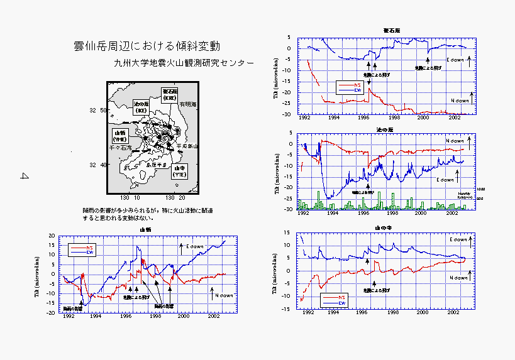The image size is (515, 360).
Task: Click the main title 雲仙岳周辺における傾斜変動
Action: pyautogui.click(x=147, y=46)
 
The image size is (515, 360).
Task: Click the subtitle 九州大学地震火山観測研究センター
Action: pyautogui.click(x=184, y=63)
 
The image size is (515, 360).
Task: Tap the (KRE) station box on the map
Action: pyautogui.click(x=169, y=95)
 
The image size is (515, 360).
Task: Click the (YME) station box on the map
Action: pyautogui.click(x=119, y=135)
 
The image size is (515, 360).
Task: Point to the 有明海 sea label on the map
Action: pyautogui.click(x=188, y=104)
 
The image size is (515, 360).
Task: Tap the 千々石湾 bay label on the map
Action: pyautogui.click(x=119, y=148)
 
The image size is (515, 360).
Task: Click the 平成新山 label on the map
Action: pyautogui.click(x=187, y=146)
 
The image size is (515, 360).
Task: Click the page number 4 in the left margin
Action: pyautogui.click(x=25, y=177)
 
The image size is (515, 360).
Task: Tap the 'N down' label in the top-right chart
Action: pyautogui.click(x=460, y=101)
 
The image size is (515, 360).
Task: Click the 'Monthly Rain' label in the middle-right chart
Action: pyautogui.click(x=465, y=195)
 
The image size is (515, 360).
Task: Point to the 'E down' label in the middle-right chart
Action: pyautogui.click(x=445, y=180)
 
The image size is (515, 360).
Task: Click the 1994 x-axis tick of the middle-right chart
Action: pyautogui.click(x=333, y=214)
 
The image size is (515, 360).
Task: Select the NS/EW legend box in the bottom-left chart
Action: pyautogui.click(x=82, y=249)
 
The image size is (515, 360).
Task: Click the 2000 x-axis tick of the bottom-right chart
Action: pyautogui.click(x=423, y=312)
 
